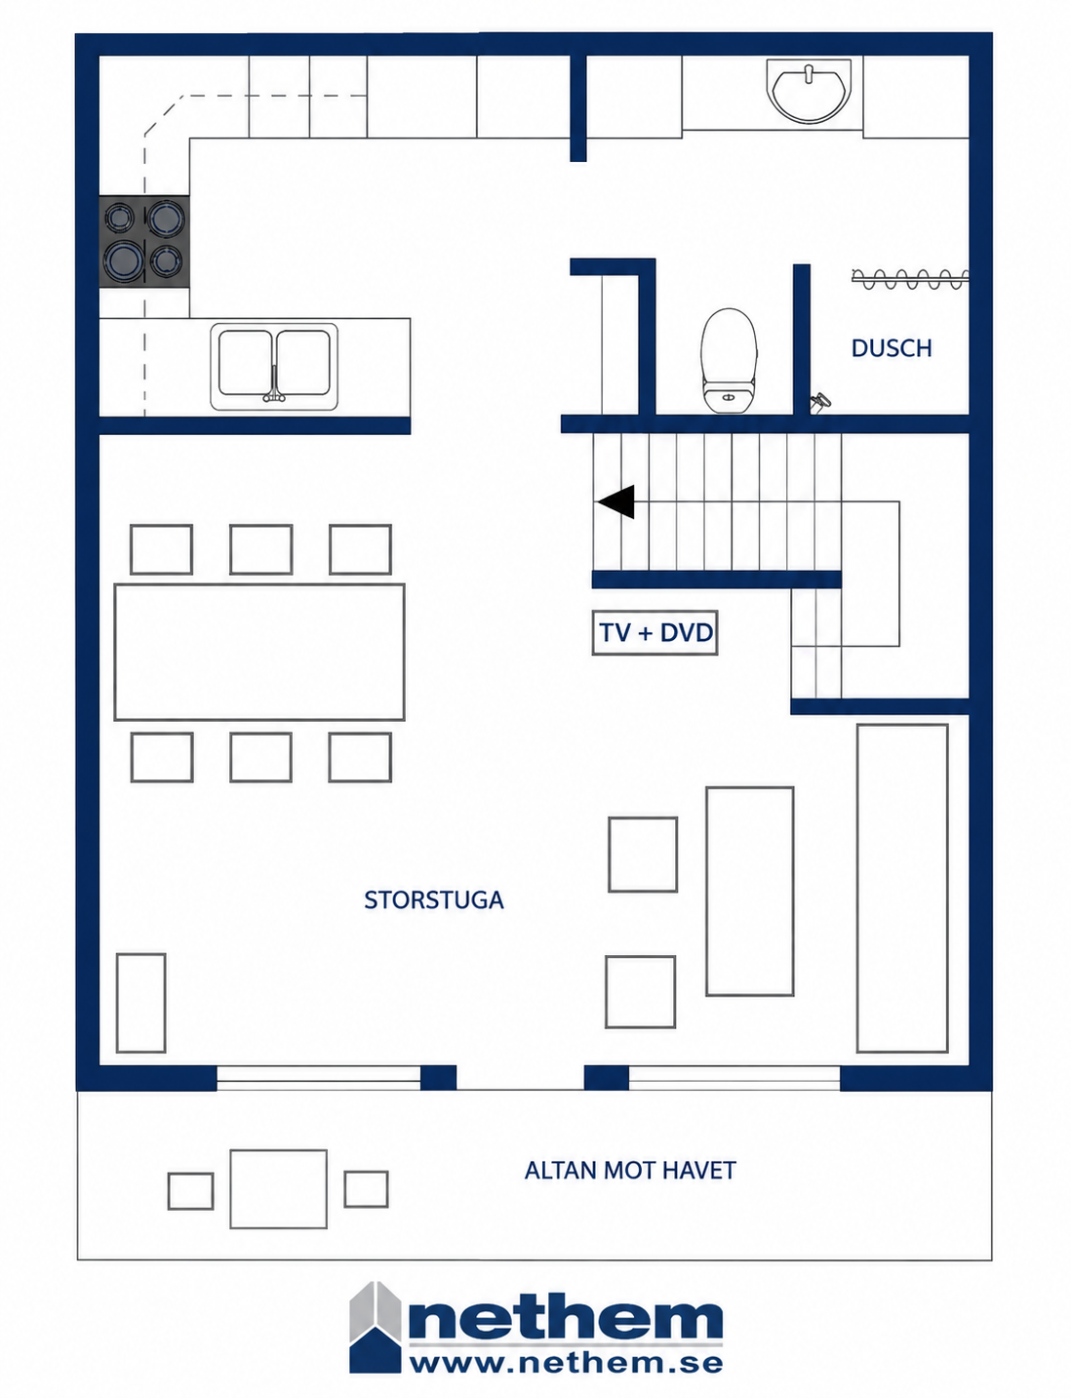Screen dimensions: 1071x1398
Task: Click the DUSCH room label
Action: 891,348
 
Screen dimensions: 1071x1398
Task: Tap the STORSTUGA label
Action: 433,899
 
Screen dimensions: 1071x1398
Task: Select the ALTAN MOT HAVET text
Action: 630,1170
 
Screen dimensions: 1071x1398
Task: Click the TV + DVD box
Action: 654,633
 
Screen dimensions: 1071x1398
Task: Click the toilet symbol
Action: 729,360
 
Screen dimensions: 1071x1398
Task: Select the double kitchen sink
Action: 274,366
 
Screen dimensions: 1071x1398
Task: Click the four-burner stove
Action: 144,241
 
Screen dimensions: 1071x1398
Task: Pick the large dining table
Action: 259,652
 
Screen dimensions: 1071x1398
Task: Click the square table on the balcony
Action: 279,1189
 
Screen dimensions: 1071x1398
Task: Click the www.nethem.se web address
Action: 566,1362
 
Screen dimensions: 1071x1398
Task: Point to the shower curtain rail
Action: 909,277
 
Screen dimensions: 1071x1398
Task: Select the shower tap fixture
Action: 820,402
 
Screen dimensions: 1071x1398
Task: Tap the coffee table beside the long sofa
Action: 749,891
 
